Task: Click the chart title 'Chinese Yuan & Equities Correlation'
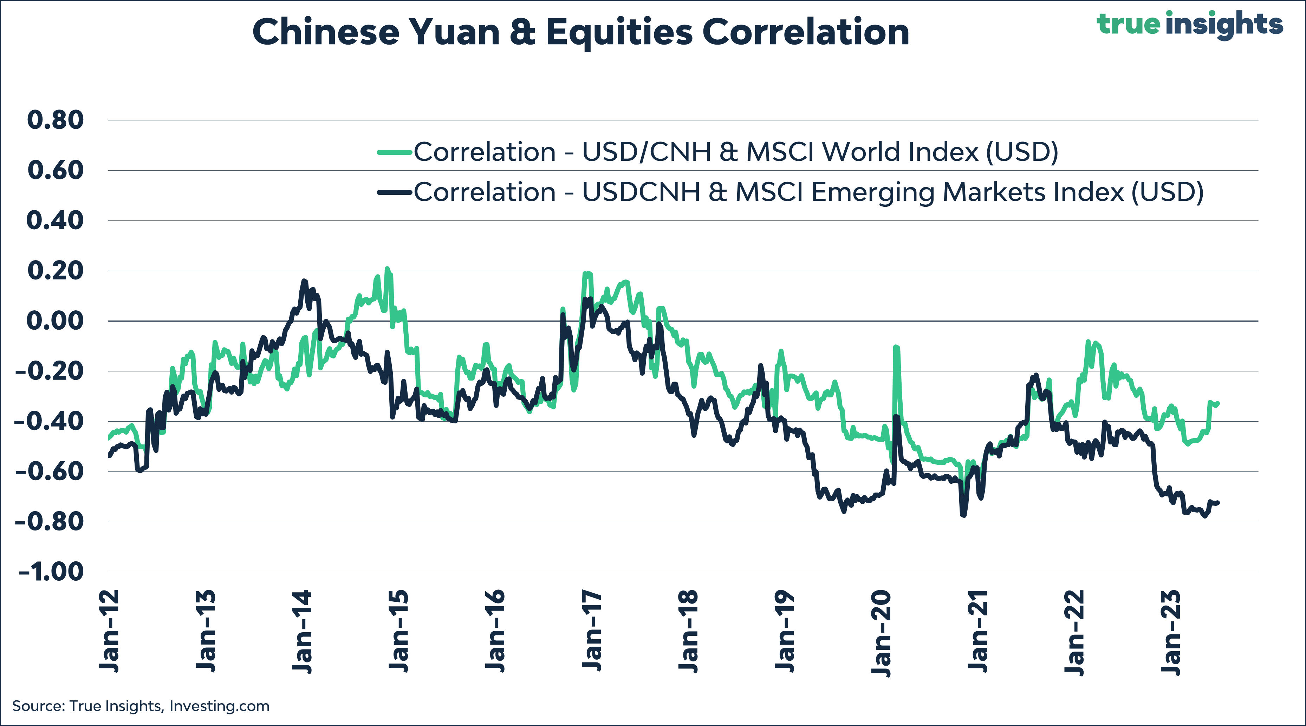[x=580, y=32]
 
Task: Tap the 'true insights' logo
[x=1189, y=24]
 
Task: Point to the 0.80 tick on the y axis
[x=55, y=120]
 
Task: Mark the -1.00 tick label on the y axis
[x=52, y=572]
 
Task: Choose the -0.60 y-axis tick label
[x=50, y=472]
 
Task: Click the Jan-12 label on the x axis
[x=110, y=631]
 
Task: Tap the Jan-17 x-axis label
[x=592, y=631]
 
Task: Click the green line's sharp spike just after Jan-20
[x=896, y=347]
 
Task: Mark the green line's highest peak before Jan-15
[x=387, y=269]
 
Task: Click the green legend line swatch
[x=394, y=152]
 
